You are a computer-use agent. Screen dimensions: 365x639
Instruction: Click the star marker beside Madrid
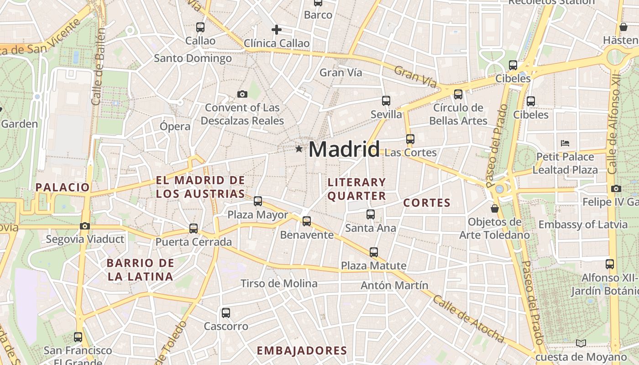click(299, 149)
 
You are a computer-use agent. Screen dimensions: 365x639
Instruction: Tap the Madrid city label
click(344, 149)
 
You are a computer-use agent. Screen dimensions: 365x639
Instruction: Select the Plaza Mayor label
click(257, 214)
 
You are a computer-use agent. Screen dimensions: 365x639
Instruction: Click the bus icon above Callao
click(200, 27)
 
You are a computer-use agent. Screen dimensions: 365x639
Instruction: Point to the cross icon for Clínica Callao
click(276, 30)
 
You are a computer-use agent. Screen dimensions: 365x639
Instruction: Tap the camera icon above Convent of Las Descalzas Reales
click(242, 94)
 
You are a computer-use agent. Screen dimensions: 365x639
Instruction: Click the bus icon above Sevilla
click(386, 100)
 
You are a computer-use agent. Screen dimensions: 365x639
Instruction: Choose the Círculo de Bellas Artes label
click(458, 114)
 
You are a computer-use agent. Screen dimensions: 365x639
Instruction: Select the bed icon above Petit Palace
click(565, 143)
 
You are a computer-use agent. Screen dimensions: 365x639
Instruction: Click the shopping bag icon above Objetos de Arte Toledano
click(494, 209)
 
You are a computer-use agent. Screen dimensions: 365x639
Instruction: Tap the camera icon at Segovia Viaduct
click(85, 226)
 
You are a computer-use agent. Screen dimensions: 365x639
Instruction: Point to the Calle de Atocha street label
click(468, 319)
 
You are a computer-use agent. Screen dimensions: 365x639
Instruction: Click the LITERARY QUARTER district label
click(357, 189)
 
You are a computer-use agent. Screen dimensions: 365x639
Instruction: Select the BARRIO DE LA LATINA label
click(140, 270)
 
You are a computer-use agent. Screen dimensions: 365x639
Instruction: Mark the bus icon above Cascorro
click(226, 313)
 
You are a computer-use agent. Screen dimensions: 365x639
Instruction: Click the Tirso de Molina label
click(279, 283)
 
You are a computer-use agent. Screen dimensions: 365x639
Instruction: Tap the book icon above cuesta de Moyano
click(581, 343)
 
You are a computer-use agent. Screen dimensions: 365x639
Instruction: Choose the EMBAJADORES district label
click(302, 350)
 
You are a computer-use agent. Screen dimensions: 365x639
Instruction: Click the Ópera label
click(175, 126)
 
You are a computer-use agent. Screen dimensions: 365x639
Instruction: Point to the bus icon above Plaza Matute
click(374, 252)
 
